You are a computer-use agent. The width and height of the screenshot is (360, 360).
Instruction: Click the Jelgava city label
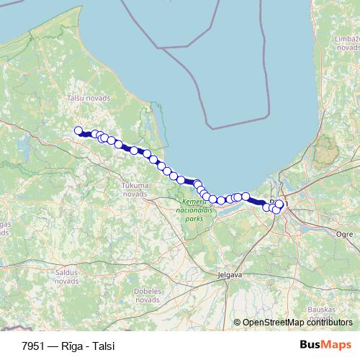(230, 274)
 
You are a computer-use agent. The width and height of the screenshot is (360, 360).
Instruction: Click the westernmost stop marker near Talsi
(78, 130)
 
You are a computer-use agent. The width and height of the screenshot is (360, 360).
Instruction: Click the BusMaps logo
(325, 344)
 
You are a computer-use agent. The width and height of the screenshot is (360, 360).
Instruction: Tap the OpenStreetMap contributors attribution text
(297, 323)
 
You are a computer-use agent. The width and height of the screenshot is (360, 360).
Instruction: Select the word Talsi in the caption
(102, 345)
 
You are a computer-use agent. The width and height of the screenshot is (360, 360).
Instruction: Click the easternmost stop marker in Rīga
(279, 204)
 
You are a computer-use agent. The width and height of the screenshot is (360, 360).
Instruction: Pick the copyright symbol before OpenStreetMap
(238, 323)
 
